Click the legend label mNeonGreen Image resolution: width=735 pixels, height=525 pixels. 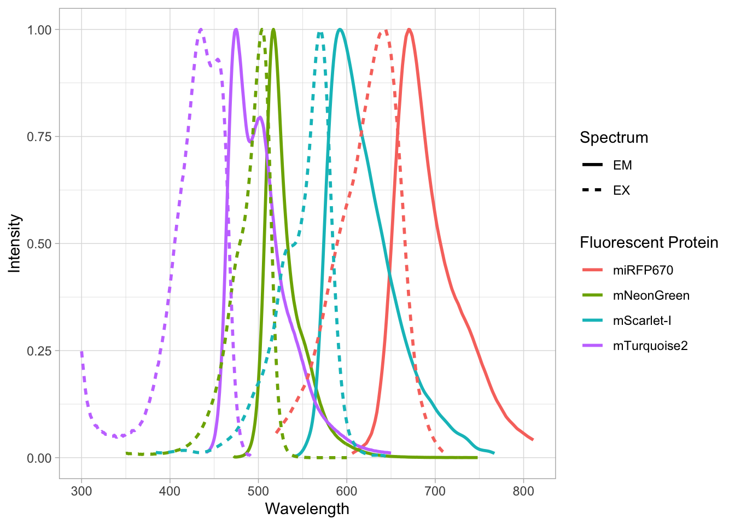(x=651, y=296)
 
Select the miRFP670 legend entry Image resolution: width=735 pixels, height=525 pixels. (x=643, y=271)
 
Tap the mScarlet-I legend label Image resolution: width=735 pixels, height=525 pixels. (x=641, y=321)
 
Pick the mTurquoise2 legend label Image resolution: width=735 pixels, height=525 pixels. (x=650, y=346)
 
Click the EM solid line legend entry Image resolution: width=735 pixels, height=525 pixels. (x=622, y=165)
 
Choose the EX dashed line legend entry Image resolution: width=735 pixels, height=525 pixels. (x=621, y=190)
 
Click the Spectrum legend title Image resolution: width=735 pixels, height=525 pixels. (x=614, y=138)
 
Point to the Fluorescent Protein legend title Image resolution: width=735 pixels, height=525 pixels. (x=649, y=243)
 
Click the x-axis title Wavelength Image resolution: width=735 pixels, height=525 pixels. (x=307, y=509)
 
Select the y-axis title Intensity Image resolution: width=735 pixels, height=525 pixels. (x=15, y=243)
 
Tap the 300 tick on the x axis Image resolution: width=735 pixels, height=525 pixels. (x=81, y=491)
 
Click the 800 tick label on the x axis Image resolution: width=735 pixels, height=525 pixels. (x=523, y=491)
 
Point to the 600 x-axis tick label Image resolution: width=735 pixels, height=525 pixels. (x=347, y=491)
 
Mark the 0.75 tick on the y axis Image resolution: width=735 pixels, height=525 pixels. (x=39, y=137)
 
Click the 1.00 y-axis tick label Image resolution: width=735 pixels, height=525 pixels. (x=39, y=30)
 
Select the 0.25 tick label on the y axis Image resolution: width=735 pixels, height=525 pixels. (x=39, y=351)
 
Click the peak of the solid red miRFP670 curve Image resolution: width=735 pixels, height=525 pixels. (x=409, y=30)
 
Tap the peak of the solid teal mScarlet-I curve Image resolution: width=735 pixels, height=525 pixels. (x=340, y=30)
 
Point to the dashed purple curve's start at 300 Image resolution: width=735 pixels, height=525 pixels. (x=81, y=352)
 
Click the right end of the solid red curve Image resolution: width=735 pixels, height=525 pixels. (x=532, y=439)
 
